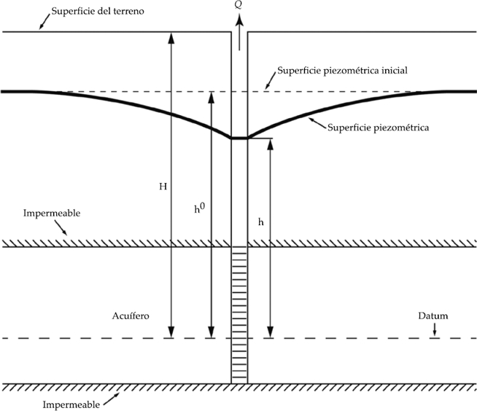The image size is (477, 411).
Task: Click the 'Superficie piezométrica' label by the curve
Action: point(378,127)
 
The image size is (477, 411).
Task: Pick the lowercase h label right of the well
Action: point(260,222)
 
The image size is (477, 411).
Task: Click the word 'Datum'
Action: point(434,316)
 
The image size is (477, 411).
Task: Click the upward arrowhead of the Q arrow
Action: point(240,18)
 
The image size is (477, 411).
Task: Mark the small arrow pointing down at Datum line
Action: point(435,332)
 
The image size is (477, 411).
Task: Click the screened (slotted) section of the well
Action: point(240,313)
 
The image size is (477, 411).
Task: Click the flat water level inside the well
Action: point(240,137)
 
